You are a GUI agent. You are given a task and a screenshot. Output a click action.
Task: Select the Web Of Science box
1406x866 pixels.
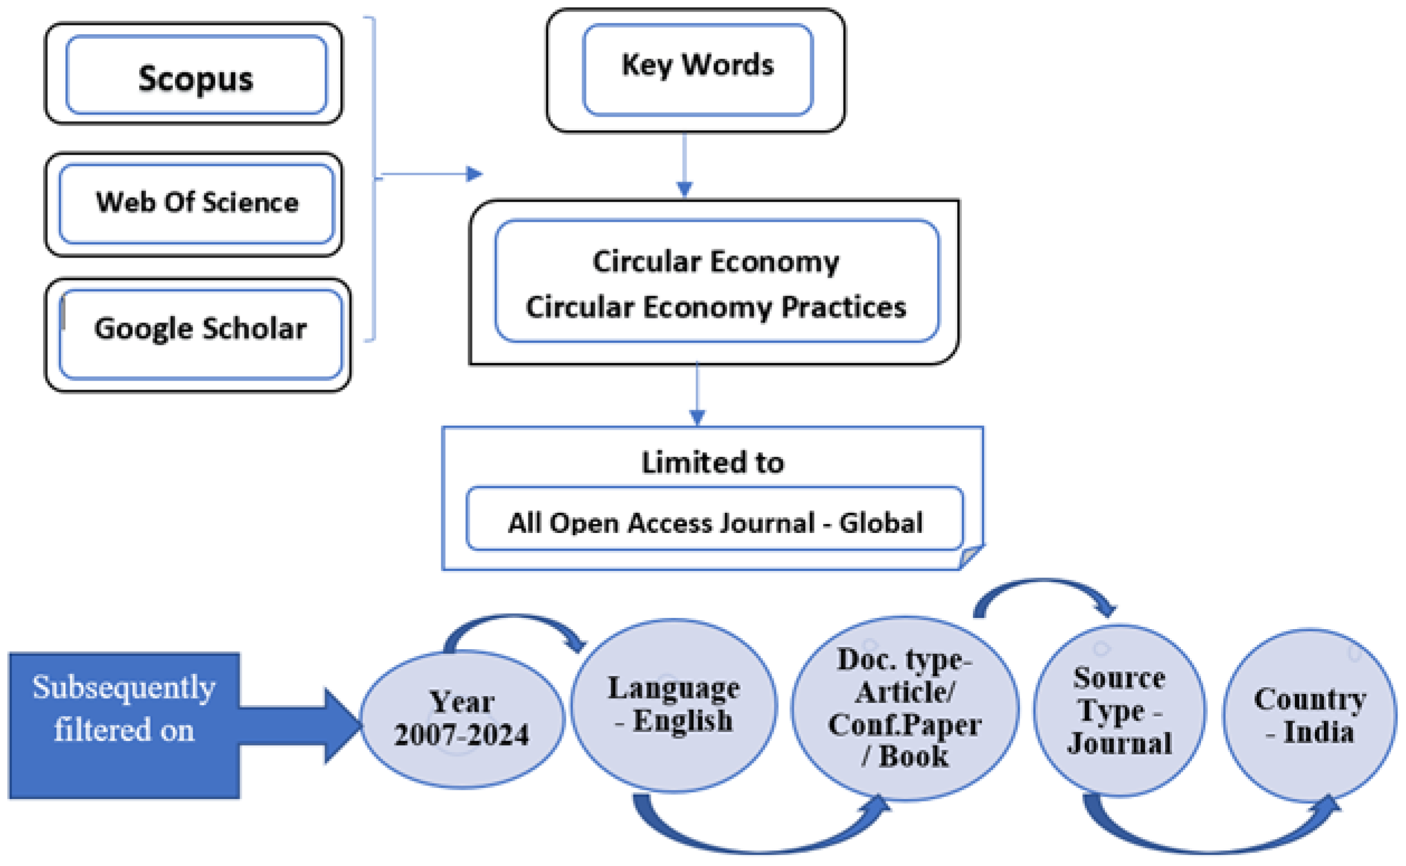tap(196, 203)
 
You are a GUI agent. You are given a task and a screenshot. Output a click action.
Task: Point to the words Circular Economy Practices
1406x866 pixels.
tap(716, 307)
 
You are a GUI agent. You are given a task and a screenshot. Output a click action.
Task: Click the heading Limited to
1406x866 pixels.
tap(712, 462)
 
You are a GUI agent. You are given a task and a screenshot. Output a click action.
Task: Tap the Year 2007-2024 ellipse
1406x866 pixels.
tap(461, 720)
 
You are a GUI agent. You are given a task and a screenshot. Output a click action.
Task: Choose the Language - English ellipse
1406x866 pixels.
tap(674, 706)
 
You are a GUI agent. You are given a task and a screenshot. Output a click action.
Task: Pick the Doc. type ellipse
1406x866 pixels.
tap(904, 708)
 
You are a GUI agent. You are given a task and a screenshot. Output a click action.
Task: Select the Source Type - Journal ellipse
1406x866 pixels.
tap(1119, 711)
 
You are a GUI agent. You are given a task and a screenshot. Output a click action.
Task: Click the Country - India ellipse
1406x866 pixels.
tap(1309, 716)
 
